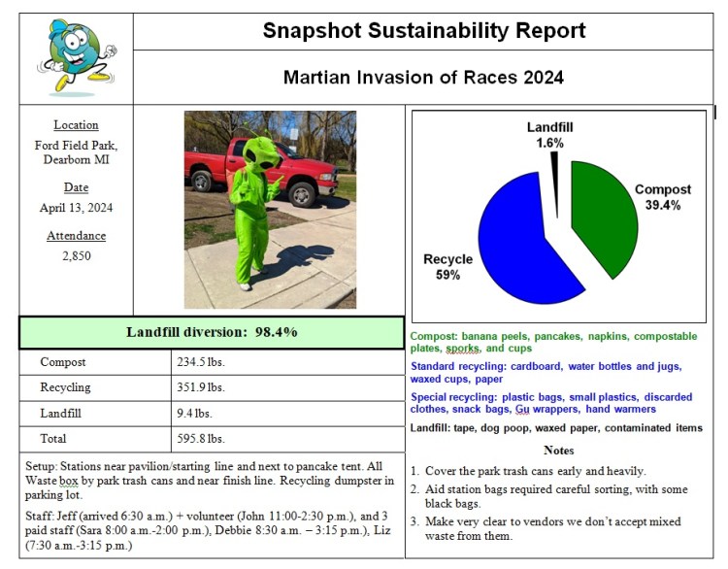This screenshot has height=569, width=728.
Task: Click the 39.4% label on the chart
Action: [x=664, y=206]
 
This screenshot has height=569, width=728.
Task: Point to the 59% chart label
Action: [x=448, y=275]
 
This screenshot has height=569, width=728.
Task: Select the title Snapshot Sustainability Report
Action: [x=424, y=31]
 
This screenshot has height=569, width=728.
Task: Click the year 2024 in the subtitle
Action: [x=542, y=77]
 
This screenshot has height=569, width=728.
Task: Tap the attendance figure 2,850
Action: [x=76, y=257]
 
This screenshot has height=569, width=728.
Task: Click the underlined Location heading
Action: [x=76, y=125]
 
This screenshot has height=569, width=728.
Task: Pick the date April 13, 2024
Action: [x=76, y=208]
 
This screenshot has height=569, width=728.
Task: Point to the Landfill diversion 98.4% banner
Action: [x=212, y=332]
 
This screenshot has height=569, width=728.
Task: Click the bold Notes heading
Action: [x=559, y=451]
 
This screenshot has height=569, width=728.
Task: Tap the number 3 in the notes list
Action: [x=414, y=521]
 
